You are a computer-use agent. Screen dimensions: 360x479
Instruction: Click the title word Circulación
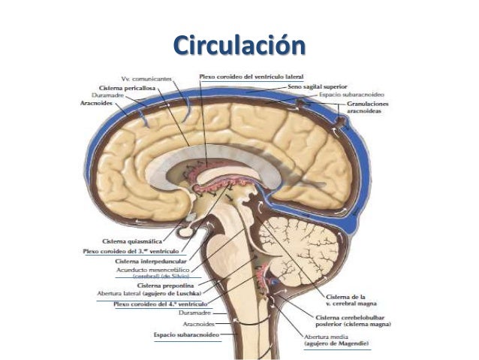(x=239, y=45)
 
